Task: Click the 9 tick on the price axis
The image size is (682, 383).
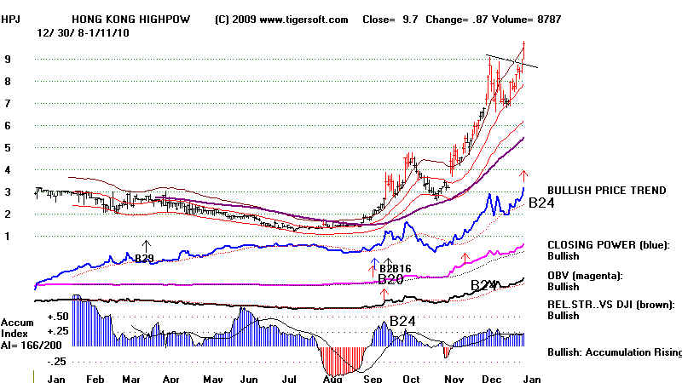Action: [8, 60]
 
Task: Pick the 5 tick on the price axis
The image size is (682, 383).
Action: [8, 147]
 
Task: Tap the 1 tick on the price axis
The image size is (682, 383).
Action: [8, 236]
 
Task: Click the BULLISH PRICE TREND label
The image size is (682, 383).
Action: [607, 191]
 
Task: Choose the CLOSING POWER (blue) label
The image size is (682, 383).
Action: [607, 245]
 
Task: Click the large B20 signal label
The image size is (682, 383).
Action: [390, 278]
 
